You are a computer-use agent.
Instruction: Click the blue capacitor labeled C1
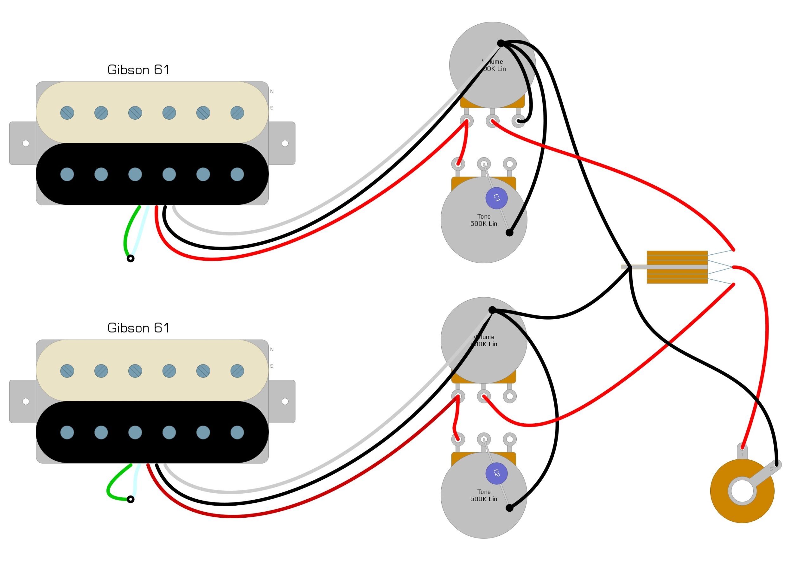[496, 198]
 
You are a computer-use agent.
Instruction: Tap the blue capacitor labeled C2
[496, 473]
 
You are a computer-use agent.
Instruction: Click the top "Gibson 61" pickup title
[138, 70]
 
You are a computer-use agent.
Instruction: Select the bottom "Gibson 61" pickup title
[138, 328]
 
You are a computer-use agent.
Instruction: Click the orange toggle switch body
[677, 267]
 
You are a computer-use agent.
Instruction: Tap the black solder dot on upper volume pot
[501, 43]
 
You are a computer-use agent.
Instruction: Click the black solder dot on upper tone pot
[509, 233]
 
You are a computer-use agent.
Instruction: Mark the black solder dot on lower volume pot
[492, 310]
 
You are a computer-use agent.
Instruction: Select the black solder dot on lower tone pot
[509, 508]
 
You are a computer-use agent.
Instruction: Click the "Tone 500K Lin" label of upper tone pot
[483, 220]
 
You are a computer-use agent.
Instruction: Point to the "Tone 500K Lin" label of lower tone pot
[483, 495]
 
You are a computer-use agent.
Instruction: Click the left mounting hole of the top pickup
[26, 143]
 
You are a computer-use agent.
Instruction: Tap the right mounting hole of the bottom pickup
[285, 401]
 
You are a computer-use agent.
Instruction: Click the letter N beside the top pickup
[271, 91]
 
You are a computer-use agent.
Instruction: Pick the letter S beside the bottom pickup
[271, 366]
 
